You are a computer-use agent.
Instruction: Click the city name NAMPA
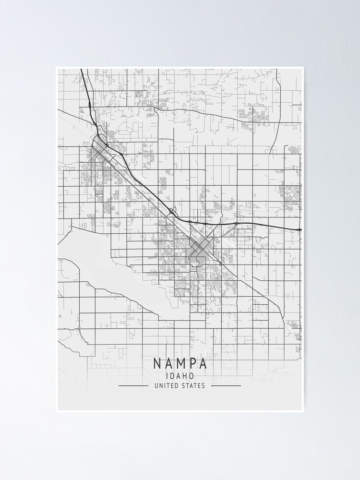coord(180,363)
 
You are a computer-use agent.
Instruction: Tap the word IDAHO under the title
coord(180,376)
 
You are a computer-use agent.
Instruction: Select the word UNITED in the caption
coord(166,385)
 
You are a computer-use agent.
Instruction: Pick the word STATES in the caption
coord(193,385)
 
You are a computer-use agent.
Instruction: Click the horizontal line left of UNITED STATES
coord(133,385)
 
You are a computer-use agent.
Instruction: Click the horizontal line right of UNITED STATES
coord(226,385)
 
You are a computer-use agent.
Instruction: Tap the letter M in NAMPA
coord(180,363)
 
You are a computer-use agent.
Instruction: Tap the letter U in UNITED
coord(156,385)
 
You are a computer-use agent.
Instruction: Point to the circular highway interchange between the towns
coord(172,211)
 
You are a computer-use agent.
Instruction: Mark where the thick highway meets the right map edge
coord(300,229)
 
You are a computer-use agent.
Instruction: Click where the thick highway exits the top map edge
coord(82,70)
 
